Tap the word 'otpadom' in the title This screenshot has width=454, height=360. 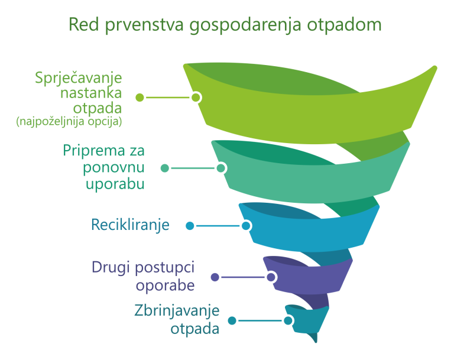coord(346,25)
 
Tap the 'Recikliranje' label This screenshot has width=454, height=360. coord(130,225)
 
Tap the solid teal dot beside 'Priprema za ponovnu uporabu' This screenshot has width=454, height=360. coord(165,168)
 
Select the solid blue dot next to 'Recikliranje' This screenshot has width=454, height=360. coord(190,226)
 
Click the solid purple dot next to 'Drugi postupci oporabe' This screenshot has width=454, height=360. coord(215,277)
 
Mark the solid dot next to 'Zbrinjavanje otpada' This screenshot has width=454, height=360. coord(232,320)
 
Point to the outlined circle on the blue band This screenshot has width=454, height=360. coord(246,226)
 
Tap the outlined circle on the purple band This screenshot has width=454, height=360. coord(271,277)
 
